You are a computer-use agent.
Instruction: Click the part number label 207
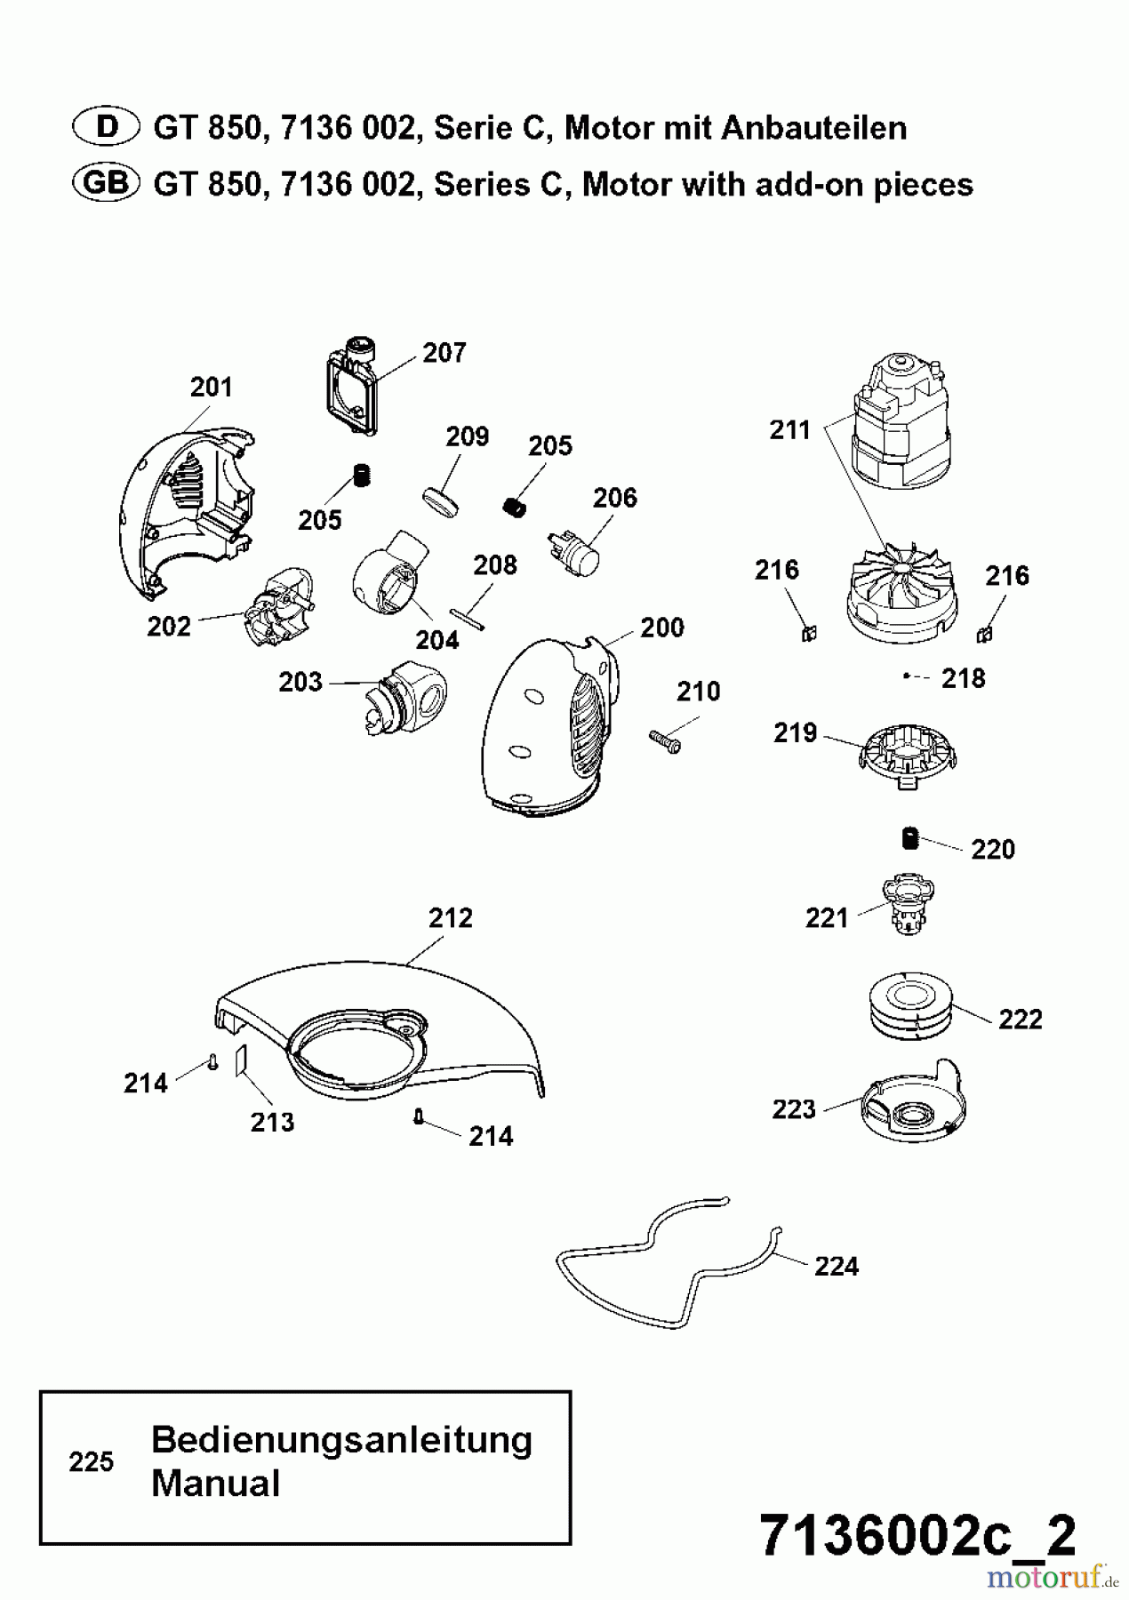444,353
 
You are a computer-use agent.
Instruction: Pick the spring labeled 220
909,837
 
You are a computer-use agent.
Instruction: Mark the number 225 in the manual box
92,1461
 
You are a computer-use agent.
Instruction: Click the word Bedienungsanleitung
341,1439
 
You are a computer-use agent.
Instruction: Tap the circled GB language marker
104,183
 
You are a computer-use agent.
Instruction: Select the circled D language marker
107,127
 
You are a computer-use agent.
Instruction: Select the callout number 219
795,733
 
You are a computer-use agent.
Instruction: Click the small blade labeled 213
239,1060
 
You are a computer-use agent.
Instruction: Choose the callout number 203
300,682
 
